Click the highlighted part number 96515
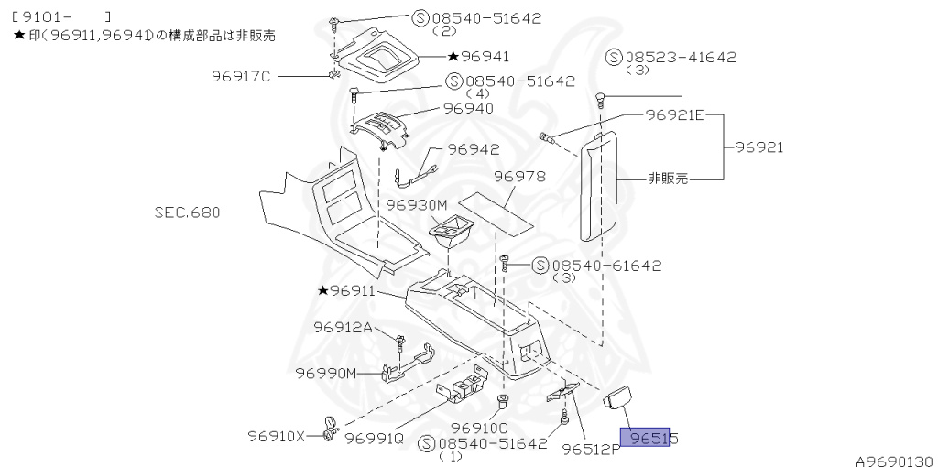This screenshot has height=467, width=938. click(x=649, y=439)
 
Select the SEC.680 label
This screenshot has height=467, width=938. click(x=187, y=212)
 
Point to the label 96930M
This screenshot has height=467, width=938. click(x=416, y=204)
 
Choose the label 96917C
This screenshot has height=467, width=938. click(x=240, y=76)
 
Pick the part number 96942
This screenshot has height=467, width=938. click(x=473, y=149)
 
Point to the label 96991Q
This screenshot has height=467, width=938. click(x=374, y=438)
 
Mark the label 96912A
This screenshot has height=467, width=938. click(x=344, y=327)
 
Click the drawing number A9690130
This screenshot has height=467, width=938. click(x=894, y=459)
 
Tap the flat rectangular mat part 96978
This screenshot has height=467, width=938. click(x=498, y=212)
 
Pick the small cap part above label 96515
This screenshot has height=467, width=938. click(x=620, y=397)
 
